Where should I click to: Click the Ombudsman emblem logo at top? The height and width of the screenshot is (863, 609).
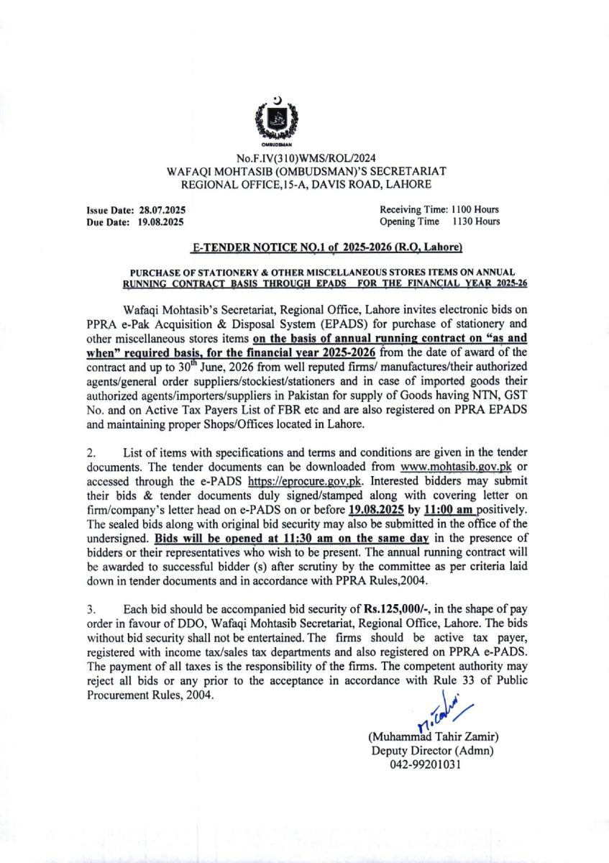pos(277,119)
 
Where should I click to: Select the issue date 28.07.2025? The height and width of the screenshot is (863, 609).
pos(162,210)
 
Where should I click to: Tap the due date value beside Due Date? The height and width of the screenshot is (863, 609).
pos(162,222)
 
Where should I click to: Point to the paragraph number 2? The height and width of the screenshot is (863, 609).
pos(90,453)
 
